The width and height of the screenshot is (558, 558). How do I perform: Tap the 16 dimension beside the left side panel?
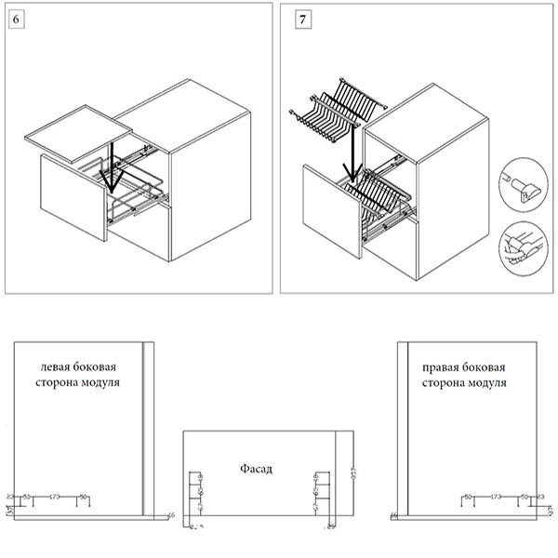[171, 514]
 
